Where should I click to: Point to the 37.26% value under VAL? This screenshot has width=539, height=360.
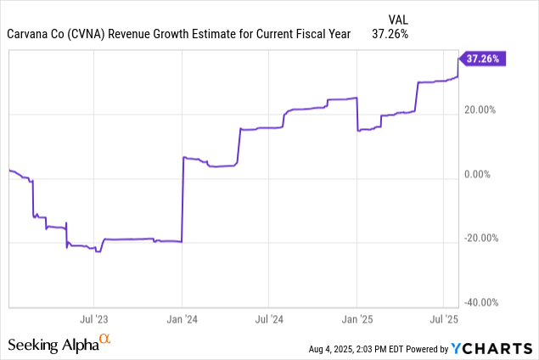tap(390, 34)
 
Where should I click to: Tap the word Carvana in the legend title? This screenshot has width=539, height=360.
tap(35, 34)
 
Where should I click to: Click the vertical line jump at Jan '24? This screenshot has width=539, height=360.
tap(182, 200)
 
